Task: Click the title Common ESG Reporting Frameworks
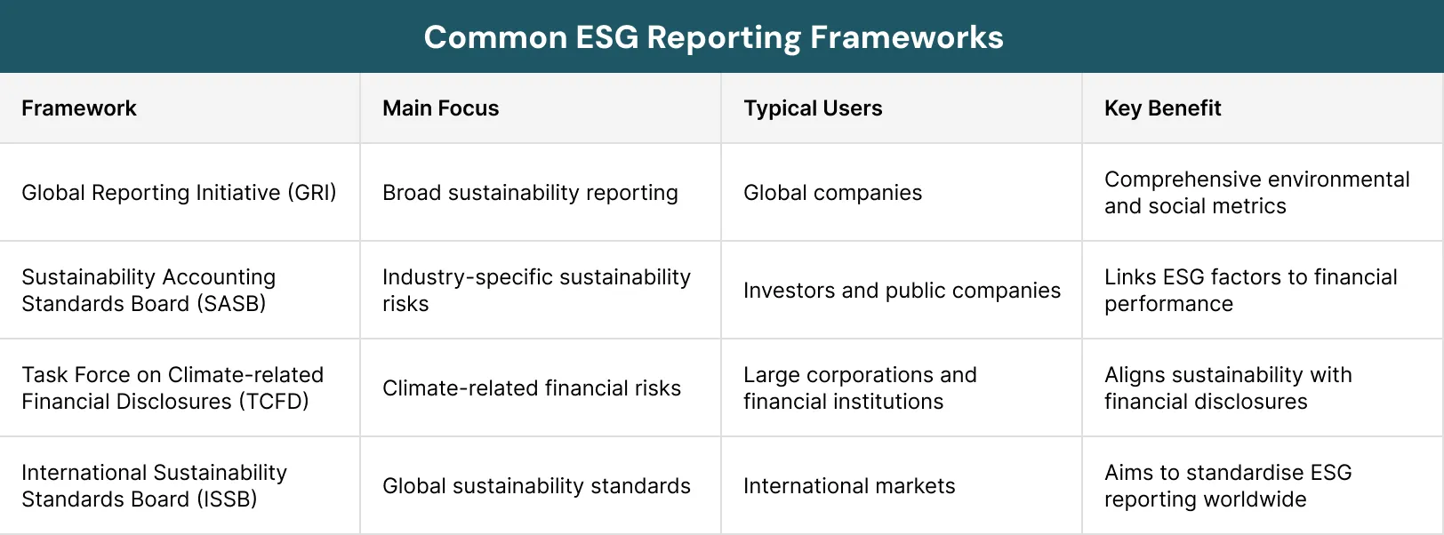coord(713,37)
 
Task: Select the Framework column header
coord(79,108)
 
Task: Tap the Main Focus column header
coord(440,108)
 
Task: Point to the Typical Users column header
coord(813,108)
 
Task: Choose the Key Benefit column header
coord(1162,108)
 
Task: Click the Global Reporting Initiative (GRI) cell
coord(179,193)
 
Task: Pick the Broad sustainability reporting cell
coord(530,193)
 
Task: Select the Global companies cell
coord(832,193)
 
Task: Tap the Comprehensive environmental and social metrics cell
coord(1256,193)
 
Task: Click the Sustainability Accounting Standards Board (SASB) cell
coord(148,291)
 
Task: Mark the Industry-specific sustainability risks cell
coord(536,291)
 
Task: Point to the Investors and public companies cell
coord(902,291)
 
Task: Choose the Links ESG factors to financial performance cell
coord(1250,291)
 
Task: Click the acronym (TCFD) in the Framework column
coord(273,402)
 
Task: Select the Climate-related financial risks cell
coord(532,388)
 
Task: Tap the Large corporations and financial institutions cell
coord(860,388)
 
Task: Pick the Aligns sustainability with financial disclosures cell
coord(1228,388)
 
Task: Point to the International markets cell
coord(849,486)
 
